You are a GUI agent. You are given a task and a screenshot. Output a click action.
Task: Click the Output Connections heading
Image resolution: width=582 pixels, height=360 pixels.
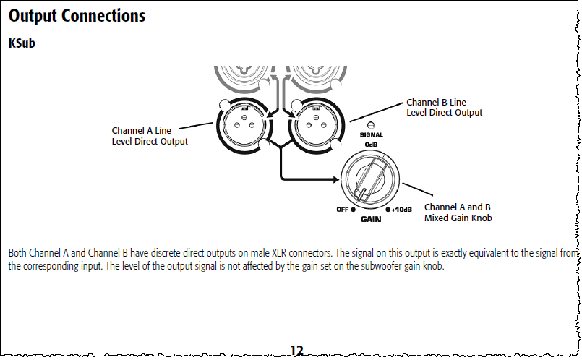[77, 15]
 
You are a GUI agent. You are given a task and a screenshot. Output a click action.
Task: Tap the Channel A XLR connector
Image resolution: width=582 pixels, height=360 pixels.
[243, 123]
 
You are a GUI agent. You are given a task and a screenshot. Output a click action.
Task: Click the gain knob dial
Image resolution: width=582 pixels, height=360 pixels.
[372, 180]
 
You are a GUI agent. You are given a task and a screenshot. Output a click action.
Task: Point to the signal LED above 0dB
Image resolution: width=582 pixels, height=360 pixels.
[372, 126]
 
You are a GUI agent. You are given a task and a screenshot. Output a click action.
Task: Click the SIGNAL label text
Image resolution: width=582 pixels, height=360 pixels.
[372, 135]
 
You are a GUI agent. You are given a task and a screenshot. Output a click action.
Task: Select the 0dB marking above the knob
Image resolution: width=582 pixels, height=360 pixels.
[372, 144]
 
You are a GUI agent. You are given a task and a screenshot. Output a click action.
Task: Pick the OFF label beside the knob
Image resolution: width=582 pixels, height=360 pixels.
[343, 210]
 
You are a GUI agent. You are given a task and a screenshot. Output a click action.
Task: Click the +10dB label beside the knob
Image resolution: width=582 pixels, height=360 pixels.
[401, 210]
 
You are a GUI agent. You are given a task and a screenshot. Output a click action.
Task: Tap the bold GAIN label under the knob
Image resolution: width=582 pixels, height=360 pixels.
[372, 218]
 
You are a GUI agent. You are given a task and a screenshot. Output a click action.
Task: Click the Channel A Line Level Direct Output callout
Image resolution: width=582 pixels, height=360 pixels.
[149, 136]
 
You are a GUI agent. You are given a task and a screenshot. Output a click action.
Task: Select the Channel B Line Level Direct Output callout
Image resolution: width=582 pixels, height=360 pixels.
[444, 108]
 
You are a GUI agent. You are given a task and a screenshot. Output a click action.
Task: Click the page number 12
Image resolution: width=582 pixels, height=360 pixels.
[296, 351]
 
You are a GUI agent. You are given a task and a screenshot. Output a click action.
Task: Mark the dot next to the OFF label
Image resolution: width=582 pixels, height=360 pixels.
[354, 210]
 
